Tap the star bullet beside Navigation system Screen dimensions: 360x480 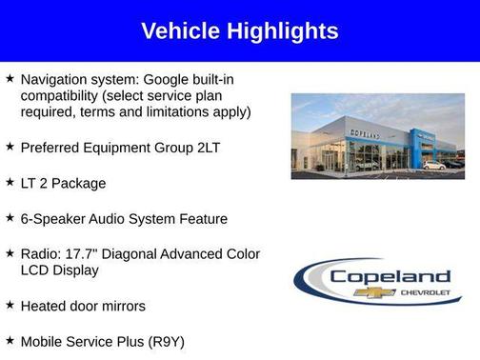coord(10,77)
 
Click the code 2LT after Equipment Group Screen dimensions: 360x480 coord(213,148)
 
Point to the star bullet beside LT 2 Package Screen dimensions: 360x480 coord(10,182)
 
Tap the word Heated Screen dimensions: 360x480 coord(45,306)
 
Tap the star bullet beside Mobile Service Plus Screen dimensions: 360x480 coord(10,340)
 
